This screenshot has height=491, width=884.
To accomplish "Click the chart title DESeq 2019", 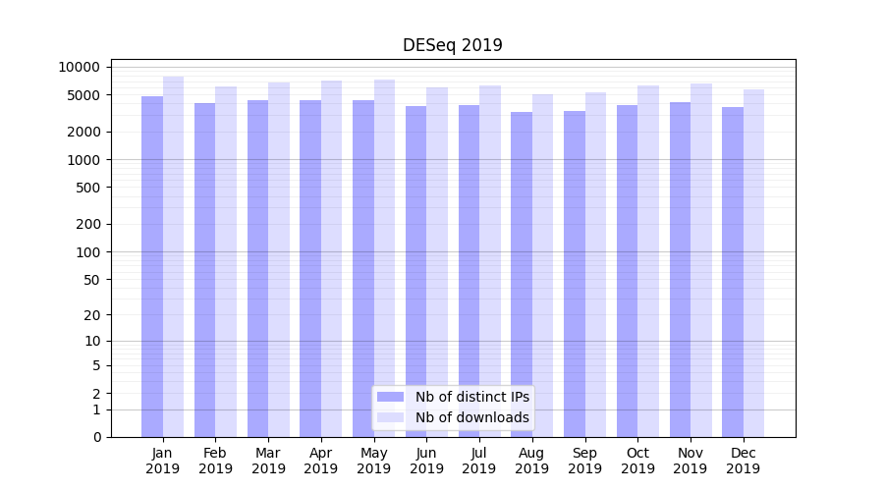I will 452,45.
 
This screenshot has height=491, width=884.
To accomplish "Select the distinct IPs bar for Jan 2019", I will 152,265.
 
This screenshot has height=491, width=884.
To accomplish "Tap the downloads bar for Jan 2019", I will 174,255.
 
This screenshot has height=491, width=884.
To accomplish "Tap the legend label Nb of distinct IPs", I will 471,397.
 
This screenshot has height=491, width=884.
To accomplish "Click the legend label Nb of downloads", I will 471,417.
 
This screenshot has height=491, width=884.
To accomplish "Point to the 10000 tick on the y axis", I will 80,67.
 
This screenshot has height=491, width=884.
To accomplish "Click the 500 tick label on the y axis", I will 87,188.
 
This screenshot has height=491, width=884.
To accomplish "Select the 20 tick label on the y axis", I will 91,315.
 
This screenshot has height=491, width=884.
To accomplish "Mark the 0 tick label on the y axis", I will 96,437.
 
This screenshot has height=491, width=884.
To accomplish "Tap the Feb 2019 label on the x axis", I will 215,461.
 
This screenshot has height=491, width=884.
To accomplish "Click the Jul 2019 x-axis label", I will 479,461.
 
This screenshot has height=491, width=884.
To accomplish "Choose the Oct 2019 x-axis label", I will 637,461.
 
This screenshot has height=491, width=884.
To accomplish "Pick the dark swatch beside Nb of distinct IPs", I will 391,397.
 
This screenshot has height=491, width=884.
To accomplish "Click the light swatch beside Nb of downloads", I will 391,417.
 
